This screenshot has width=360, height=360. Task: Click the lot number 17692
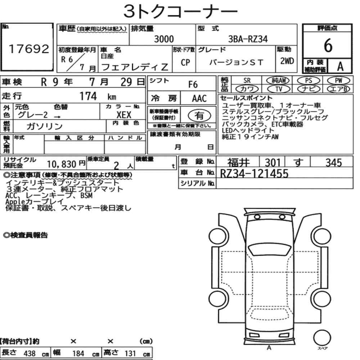pos(29,49)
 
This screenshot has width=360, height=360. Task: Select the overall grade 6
pos(328,45)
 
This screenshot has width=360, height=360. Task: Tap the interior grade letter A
pos(340,66)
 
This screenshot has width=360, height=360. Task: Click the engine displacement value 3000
pos(164,39)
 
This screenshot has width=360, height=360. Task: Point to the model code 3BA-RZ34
pos(248,39)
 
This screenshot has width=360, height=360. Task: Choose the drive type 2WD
pos(287,61)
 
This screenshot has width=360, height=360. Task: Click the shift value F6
pos(193,85)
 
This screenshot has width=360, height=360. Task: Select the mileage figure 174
pos(88,96)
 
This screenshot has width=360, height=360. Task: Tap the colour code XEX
pos(124,115)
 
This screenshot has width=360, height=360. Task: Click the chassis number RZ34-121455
pos(254,174)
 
